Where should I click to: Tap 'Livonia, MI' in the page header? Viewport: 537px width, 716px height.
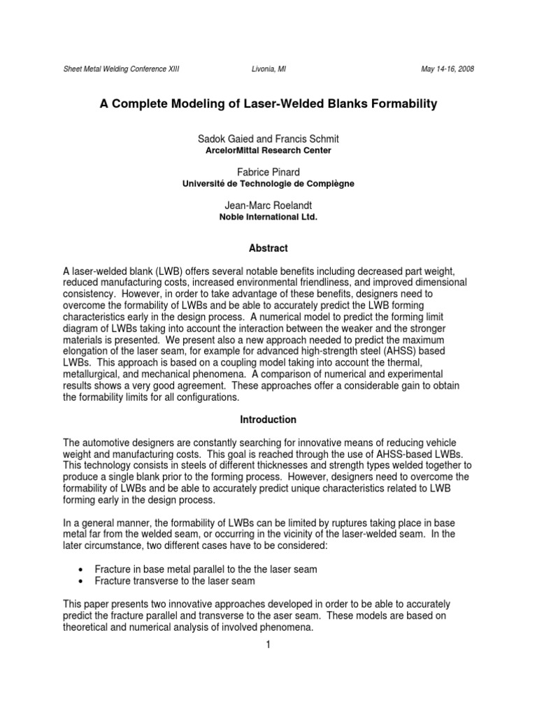coord(269,68)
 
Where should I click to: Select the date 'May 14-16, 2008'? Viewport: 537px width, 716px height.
coord(447,68)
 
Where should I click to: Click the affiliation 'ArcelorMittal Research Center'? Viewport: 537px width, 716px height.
coord(268,150)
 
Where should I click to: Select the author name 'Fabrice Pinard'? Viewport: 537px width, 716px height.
coord(268,172)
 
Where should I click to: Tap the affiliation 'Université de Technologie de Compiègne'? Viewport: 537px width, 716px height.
coord(268,184)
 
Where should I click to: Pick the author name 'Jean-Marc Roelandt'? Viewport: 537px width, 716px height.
coord(268,206)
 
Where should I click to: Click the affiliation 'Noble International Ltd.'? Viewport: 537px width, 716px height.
coord(268,217)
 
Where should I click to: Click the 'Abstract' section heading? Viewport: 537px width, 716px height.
coord(268,248)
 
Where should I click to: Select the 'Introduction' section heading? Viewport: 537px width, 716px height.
coord(268,420)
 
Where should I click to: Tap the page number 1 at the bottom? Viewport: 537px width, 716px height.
coord(268,645)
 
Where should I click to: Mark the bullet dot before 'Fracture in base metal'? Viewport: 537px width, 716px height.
coord(83,569)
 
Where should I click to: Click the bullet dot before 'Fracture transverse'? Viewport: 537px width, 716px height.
coord(83,581)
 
